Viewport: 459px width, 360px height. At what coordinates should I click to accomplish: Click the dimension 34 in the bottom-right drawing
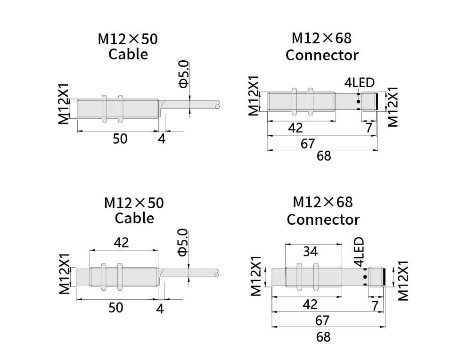pyautogui.click(x=310, y=252)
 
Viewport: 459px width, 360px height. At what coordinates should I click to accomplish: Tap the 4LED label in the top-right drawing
pyautogui.click(x=360, y=83)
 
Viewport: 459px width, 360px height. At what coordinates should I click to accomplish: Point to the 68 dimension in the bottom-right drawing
pyautogui.click(x=323, y=336)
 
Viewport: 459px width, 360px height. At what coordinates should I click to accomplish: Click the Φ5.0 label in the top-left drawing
pyautogui.click(x=183, y=74)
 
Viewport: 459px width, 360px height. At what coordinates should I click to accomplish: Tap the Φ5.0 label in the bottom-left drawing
pyautogui.click(x=183, y=242)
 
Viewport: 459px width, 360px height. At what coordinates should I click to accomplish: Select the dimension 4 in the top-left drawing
pyautogui.click(x=162, y=139)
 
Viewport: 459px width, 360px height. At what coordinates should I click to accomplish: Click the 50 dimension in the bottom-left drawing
pyautogui.click(x=115, y=307)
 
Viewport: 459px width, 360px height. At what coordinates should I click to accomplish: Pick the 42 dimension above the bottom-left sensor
pyautogui.click(x=121, y=242)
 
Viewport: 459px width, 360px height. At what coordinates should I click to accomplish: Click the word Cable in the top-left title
pyautogui.click(x=128, y=54)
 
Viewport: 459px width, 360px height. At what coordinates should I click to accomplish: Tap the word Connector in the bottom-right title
pyautogui.click(x=323, y=220)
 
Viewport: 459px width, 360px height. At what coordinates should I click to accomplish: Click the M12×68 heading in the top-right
pyautogui.click(x=322, y=38)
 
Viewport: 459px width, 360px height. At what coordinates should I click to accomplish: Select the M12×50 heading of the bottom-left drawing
pyautogui.click(x=134, y=203)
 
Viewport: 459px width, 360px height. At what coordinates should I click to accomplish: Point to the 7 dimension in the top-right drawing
pyautogui.click(x=369, y=128)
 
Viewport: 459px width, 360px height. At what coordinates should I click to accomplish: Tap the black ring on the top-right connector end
pyautogui.click(x=377, y=101)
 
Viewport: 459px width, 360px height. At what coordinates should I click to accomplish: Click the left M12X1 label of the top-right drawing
pyautogui.click(x=254, y=96)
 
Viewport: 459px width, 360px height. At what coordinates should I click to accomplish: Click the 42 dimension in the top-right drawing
pyautogui.click(x=295, y=128)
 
